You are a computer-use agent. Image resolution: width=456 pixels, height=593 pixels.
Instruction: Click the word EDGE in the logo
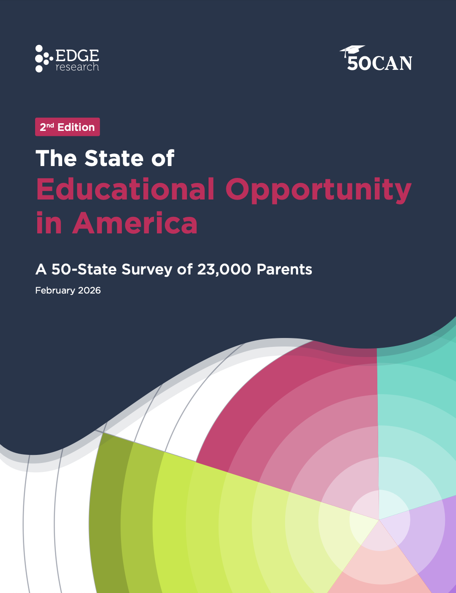pos(77,55)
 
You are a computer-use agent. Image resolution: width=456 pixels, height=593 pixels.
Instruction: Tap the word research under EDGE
pos(77,67)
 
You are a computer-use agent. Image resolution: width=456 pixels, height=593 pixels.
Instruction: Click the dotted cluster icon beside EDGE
pos(44,58)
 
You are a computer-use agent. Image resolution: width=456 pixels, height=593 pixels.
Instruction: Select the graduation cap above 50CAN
pos(353,50)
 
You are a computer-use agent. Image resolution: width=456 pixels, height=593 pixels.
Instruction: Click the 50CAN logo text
pos(379,63)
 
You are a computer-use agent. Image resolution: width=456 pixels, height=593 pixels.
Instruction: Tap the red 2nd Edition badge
pos(67,127)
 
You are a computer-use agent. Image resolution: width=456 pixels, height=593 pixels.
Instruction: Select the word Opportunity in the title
pos(318,190)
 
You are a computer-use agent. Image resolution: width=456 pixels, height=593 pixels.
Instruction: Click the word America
pos(135,223)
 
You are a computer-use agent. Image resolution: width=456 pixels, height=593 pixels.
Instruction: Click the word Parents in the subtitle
pos(284,269)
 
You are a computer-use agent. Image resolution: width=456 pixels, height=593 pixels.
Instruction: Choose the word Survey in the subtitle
pos(147,269)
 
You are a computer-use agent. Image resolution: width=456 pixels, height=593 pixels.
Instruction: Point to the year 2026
pos(89,291)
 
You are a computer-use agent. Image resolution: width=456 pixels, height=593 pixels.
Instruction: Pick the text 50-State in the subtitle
pos(84,269)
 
